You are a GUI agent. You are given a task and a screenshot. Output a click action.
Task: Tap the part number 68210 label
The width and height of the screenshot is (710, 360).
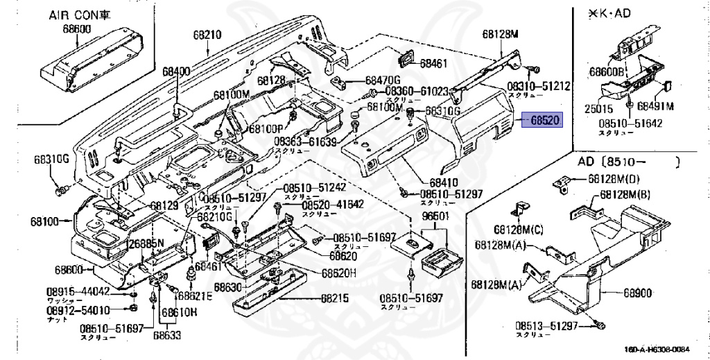(x=206, y=34)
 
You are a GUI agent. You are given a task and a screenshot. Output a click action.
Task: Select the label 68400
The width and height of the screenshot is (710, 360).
(x=176, y=71)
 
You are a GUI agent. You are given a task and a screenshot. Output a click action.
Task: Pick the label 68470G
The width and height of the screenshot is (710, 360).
(x=383, y=80)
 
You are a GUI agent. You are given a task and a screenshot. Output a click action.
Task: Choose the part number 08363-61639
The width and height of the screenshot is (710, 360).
(x=304, y=142)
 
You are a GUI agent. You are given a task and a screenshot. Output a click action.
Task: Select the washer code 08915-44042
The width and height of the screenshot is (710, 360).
(x=78, y=291)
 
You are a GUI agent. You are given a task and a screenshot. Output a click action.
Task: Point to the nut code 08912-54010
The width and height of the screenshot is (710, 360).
(x=78, y=311)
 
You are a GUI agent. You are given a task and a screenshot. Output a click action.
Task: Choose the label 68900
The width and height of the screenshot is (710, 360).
(x=637, y=294)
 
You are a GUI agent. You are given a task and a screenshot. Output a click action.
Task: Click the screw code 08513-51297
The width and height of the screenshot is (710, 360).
(x=548, y=326)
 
